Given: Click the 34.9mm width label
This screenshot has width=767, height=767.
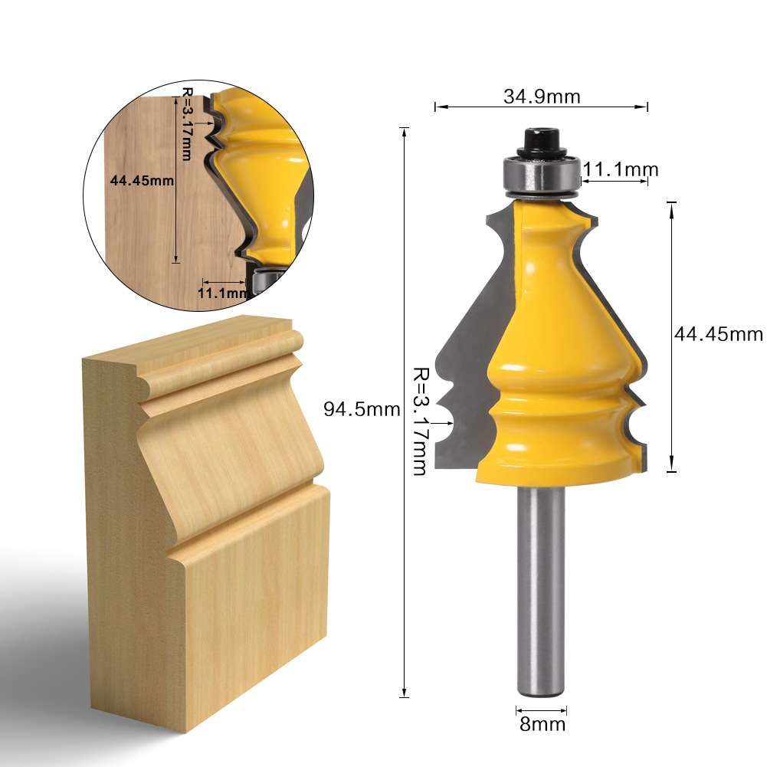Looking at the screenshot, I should (541, 97).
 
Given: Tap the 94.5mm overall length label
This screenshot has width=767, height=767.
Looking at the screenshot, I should (362, 409).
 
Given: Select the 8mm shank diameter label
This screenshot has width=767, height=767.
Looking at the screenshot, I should (542, 724).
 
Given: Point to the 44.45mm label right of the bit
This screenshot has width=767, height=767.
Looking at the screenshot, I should (718, 334).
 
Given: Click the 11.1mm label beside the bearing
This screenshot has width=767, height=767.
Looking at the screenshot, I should (621, 169).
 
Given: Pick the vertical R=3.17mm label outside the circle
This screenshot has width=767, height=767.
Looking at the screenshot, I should (420, 421).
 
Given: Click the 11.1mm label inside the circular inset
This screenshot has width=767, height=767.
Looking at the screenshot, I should (222, 293).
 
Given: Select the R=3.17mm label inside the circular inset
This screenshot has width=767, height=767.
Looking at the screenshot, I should (187, 123).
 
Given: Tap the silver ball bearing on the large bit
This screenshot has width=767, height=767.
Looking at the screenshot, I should (541, 175).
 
